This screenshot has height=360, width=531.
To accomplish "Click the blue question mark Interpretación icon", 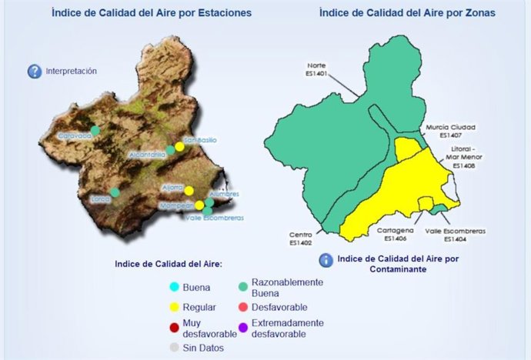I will click(x=34, y=72).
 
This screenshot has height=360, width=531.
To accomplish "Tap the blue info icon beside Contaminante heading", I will click(x=326, y=260).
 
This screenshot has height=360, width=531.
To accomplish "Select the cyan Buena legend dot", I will click(x=175, y=288).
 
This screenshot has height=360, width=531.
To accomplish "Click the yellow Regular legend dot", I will click(x=175, y=308).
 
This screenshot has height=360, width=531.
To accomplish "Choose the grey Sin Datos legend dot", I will click(x=175, y=348).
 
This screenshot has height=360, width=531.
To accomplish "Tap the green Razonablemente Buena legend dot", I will click(x=242, y=288).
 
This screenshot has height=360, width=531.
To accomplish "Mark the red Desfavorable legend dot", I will click(x=242, y=308).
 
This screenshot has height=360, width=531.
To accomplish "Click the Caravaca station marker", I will click(x=95, y=130).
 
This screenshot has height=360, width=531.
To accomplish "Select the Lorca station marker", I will click(x=115, y=192).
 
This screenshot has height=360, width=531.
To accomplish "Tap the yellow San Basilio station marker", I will click(x=179, y=146).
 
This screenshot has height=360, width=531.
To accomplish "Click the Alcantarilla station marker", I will click(x=171, y=150).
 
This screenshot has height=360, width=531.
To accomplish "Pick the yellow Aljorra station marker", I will click(x=189, y=190).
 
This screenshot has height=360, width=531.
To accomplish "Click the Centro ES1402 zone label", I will click(x=300, y=239).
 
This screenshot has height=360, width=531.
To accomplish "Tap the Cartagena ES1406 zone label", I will click(x=396, y=234).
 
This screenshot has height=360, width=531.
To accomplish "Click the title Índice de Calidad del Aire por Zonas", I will click(x=406, y=13).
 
